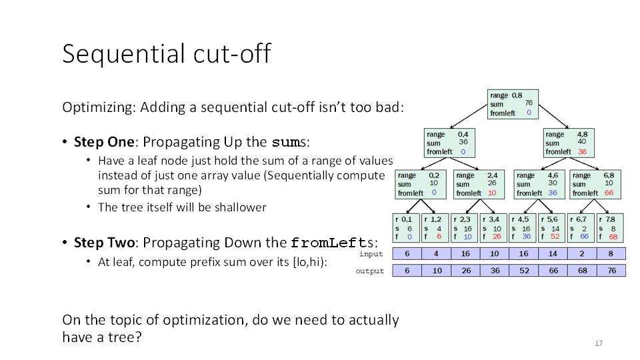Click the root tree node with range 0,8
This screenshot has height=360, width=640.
[x=513, y=104]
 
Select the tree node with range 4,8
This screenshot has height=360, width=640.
[x=569, y=143]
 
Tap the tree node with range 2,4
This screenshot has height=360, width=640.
[x=479, y=185]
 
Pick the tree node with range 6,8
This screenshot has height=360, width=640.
[x=595, y=185]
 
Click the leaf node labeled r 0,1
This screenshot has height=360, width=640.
[x=406, y=228]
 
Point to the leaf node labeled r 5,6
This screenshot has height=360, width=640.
[x=552, y=228]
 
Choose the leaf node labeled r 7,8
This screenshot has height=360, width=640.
[x=610, y=228]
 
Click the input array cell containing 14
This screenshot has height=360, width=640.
[x=553, y=253]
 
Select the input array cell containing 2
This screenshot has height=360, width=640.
[x=582, y=253]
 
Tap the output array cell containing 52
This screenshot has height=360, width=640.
[x=524, y=271]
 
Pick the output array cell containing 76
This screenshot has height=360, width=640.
[x=611, y=271]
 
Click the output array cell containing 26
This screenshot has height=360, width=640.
[x=466, y=271]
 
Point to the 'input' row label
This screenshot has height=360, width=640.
[x=371, y=254]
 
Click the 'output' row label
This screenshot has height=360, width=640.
[x=370, y=271]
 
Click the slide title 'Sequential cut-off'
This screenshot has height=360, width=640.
[x=167, y=53]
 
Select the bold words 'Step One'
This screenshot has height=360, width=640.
[x=104, y=141]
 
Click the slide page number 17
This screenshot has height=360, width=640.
[x=599, y=343]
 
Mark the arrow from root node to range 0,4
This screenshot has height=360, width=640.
[x=469, y=116]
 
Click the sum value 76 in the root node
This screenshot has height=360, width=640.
[x=529, y=103]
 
